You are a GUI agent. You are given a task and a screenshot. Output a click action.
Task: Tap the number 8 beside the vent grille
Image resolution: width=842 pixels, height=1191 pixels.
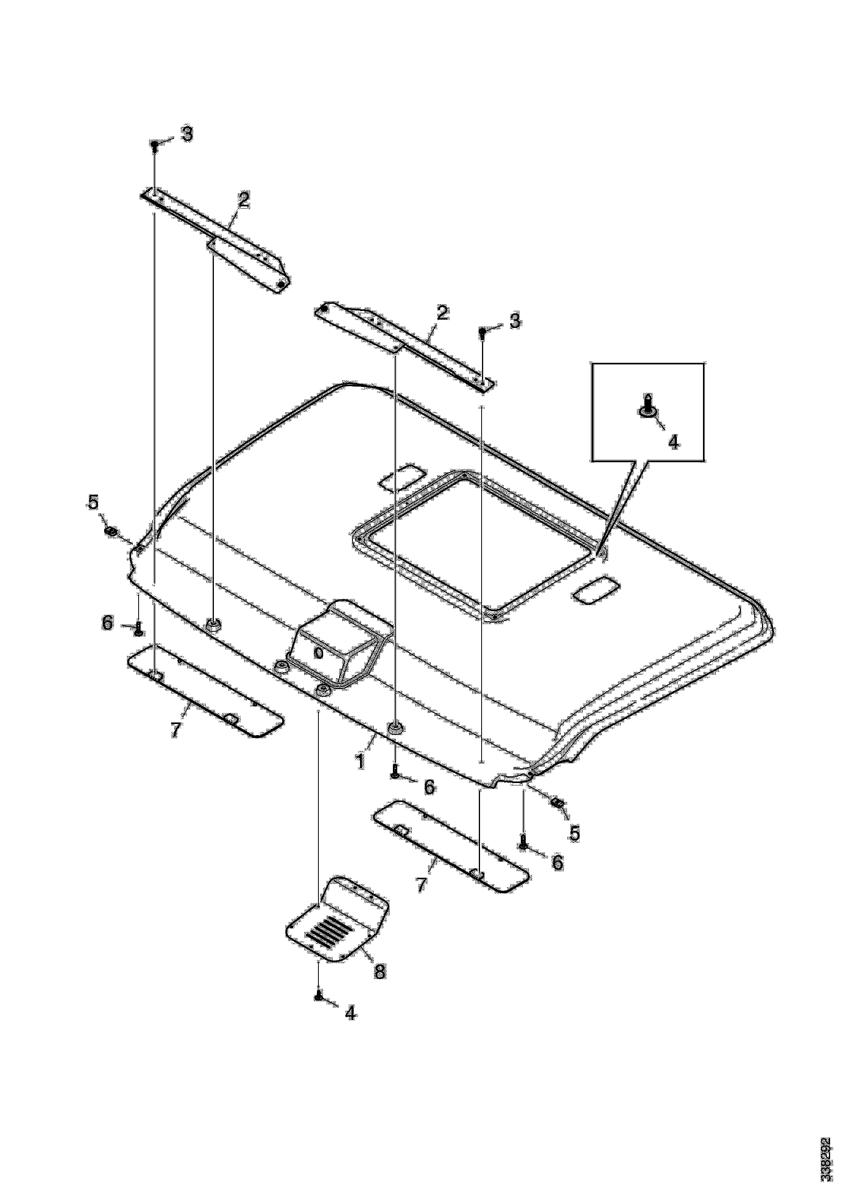[380, 971]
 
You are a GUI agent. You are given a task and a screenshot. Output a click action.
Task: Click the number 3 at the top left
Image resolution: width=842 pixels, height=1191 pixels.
[187, 133]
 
